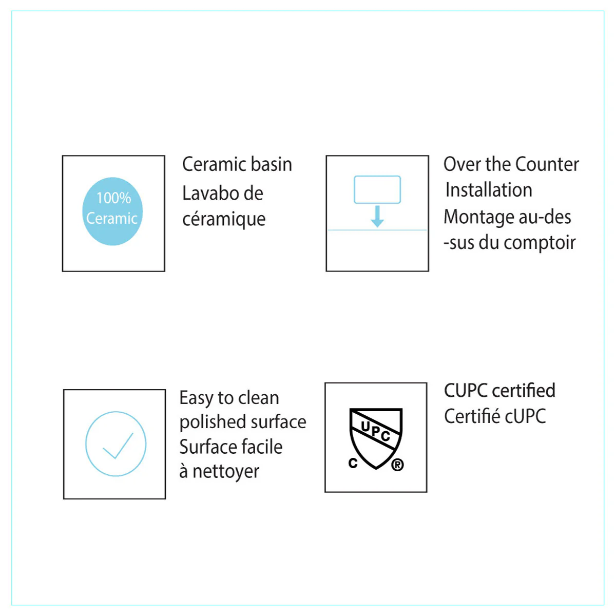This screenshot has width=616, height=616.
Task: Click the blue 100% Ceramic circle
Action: click(x=112, y=211)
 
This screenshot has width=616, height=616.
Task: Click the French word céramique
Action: click(x=224, y=220)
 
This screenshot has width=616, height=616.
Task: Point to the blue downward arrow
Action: click(x=377, y=217)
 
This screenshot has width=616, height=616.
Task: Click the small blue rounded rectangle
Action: click(x=377, y=189)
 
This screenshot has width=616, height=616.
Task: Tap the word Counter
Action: click(x=547, y=164)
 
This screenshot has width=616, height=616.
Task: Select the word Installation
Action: click(x=489, y=190)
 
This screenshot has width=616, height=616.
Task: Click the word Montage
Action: click(x=479, y=218)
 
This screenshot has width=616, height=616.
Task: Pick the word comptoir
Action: click(x=540, y=243)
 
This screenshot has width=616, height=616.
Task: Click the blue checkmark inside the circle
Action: click(x=118, y=446)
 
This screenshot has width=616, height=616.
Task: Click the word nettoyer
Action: click(x=226, y=472)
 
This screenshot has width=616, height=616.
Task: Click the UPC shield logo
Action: click(x=376, y=438)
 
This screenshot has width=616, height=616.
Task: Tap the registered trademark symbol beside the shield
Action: click(x=397, y=465)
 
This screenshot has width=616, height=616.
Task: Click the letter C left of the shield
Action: click(x=353, y=463)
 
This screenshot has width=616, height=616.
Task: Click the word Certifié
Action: click(x=473, y=416)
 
